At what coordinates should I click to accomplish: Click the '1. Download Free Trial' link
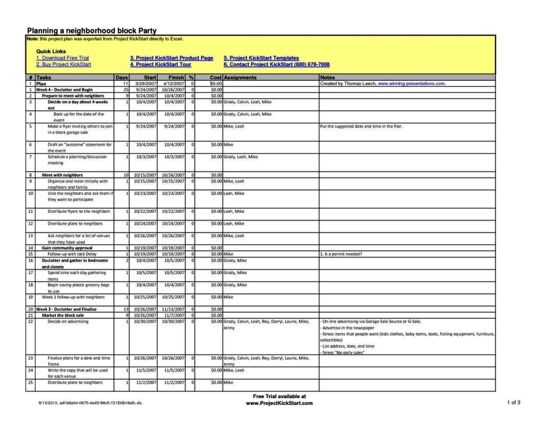pyautogui.click(x=62, y=58)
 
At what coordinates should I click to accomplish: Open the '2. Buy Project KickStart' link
pyautogui.click(x=63, y=64)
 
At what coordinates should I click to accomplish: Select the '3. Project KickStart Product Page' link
pyautogui.click(x=171, y=58)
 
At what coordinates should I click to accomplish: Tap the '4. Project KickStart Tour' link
pyautogui.click(x=160, y=64)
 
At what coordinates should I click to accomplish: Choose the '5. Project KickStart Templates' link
pyautogui.click(x=261, y=58)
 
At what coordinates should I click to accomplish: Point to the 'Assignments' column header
pyautogui.click(x=240, y=78)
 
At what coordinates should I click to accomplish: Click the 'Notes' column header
pyautogui.click(x=327, y=78)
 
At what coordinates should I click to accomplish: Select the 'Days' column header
pyautogui.click(x=122, y=78)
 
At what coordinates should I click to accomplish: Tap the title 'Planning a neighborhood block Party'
pyautogui.click(x=92, y=31)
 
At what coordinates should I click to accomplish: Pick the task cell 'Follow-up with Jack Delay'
pyautogui.click(x=72, y=254)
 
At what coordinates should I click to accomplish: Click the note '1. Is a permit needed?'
pyautogui.click(x=341, y=254)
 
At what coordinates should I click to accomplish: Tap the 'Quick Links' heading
pyautogui.click(x=51, y=52)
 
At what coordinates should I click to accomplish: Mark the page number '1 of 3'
pyautogui.click(x=513, y=402)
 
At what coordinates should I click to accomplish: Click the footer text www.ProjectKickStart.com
pyautogui.click(x=279, y=403)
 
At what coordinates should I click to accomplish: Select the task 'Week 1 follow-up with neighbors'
pyautogui.click(x=73, y=297)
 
